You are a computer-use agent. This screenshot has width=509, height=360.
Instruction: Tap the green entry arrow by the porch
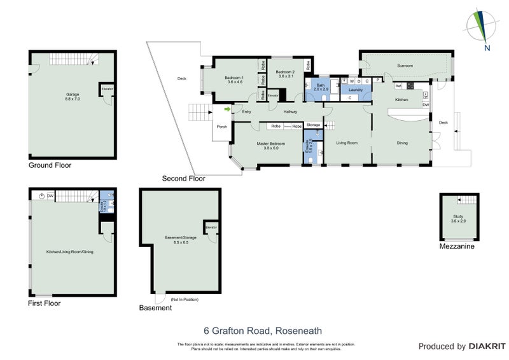227,110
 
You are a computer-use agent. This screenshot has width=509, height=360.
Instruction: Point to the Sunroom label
405,66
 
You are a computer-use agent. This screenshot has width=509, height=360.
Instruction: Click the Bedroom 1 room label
234,80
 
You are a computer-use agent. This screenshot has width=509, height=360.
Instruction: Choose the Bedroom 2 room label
285,75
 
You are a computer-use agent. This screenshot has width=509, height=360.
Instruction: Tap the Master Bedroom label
271,146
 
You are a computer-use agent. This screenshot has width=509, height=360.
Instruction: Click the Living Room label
347,143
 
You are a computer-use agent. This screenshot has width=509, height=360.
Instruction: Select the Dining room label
402,143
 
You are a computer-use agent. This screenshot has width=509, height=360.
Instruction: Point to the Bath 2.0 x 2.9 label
320,87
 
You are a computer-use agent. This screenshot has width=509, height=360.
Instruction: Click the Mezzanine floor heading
456,246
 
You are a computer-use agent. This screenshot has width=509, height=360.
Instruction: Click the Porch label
222,127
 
